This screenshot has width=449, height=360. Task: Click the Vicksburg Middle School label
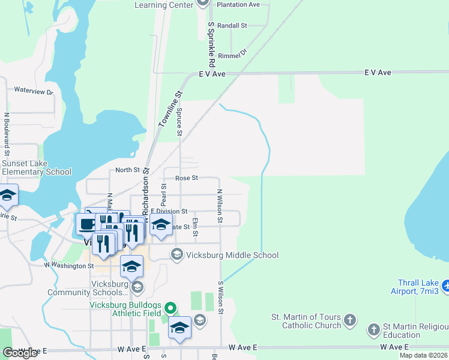232,255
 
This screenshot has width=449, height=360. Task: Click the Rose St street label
187,178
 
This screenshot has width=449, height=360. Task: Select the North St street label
127,170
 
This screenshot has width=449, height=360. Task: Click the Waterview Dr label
34,92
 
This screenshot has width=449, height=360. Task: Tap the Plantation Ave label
238,4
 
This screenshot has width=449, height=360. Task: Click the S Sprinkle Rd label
211,45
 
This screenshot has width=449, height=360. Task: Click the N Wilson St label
220,208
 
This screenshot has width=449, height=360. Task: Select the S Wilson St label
221,298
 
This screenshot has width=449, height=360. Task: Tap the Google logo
20,353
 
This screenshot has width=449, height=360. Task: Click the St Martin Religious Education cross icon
373,329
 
